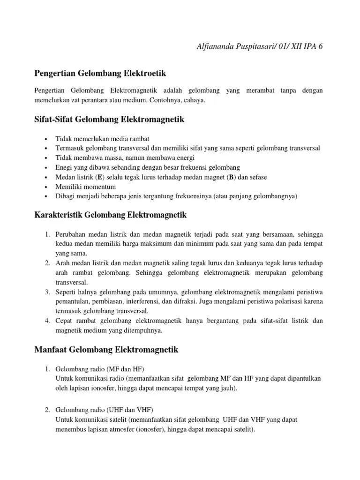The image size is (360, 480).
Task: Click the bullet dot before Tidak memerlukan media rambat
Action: pos(45,139)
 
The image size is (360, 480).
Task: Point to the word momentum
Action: pos(98,187)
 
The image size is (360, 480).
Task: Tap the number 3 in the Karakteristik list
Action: pos(47,292)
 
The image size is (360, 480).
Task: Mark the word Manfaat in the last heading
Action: pos(51,350)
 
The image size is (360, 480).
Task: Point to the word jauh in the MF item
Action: pos(227,388)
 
